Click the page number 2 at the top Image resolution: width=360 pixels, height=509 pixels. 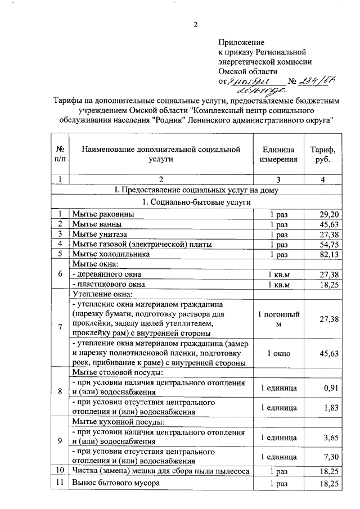196,24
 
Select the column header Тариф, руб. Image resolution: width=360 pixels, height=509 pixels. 323,154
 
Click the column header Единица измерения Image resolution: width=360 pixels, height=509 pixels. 278,154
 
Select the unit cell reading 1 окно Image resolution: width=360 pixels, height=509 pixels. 278,353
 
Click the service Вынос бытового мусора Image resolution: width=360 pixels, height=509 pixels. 116,483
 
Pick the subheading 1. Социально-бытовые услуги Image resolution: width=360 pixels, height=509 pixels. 196,202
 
